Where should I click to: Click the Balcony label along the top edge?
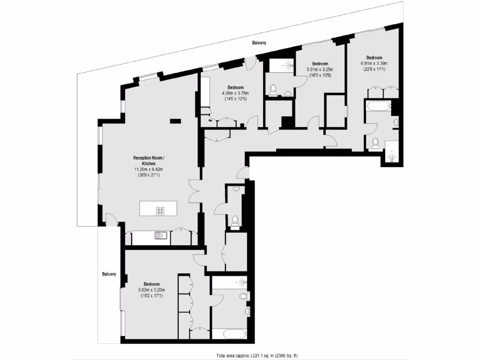(259, 43)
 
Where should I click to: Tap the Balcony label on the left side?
(109, 274)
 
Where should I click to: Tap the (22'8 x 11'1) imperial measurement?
(374, 69)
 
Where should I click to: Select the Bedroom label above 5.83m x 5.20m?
(151, 284)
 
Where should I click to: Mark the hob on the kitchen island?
(160, 211)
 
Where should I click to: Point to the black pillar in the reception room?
(175, 121)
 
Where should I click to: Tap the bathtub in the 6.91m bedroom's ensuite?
(378, 105)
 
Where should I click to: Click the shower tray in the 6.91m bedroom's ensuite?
(392, 152)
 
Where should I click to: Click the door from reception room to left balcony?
(111, 219)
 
